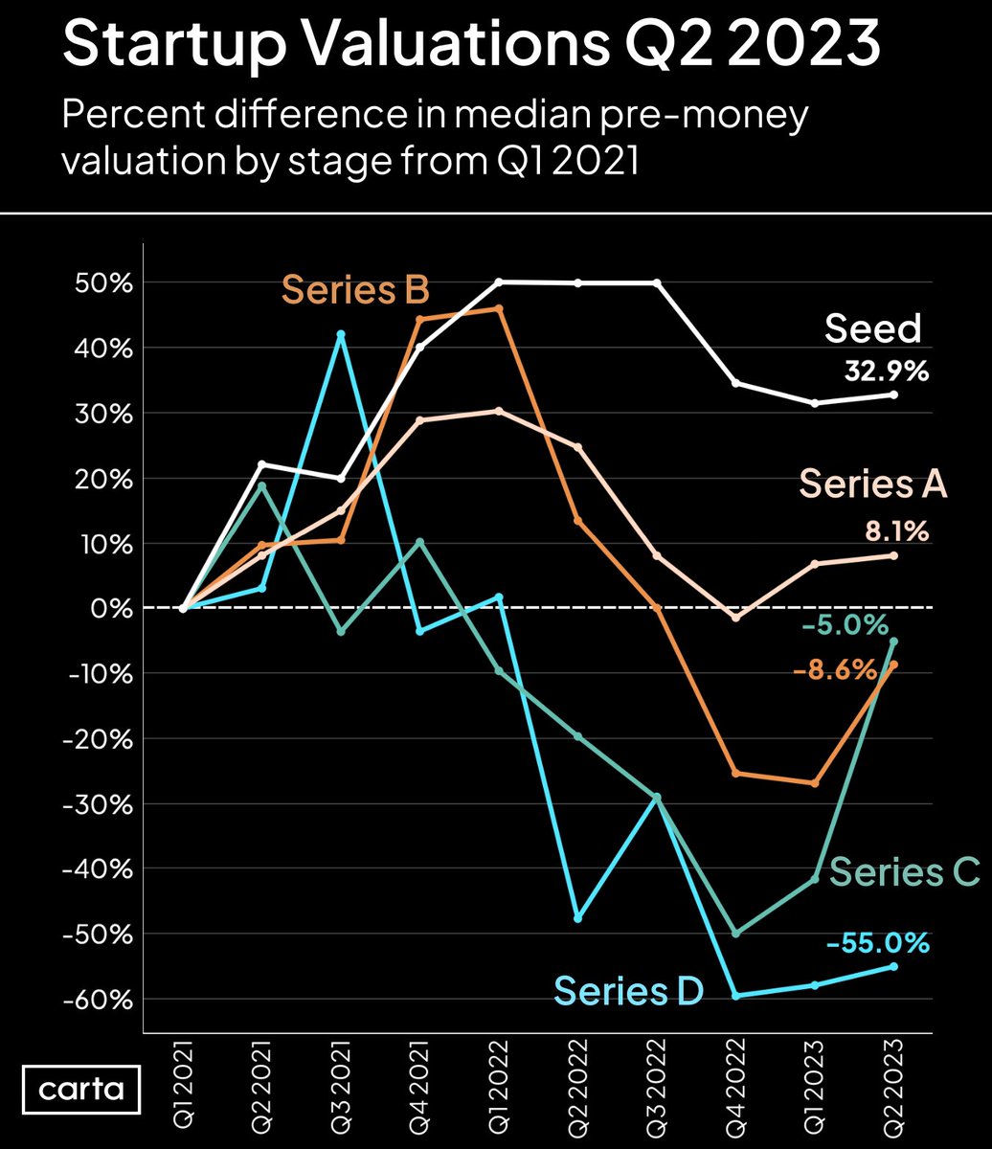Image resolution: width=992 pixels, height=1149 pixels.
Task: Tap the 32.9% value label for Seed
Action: pos(886,372)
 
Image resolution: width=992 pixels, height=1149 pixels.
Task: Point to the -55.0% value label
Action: pos(877,943)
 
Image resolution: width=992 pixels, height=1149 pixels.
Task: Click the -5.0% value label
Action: pos(844,626)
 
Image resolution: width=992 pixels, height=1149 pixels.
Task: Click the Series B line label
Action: pos(354,288)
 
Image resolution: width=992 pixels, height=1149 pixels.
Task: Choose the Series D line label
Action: pos(628,990)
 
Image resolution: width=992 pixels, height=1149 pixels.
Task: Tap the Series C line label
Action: pos(904,872)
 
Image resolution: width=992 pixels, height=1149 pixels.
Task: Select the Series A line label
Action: pos(872,484)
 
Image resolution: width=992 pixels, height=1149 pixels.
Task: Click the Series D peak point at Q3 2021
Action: pos(341,334)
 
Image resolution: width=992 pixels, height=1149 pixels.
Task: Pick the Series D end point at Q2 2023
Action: pos(894,966)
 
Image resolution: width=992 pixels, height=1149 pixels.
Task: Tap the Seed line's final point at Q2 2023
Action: pos(894,394)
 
